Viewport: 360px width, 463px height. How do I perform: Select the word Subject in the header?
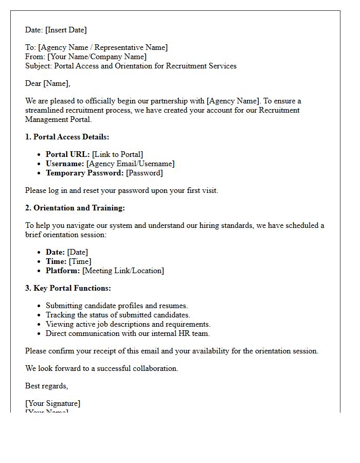coord(38,66)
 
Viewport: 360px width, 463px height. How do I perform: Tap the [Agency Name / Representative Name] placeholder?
coord(103,47)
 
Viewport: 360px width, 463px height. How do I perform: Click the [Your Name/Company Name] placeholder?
coord(97,57)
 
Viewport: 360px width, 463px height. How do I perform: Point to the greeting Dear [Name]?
coord(48,83)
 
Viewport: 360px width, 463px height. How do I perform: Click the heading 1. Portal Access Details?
coord(67,137)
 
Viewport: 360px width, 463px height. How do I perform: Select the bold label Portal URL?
coord(67,154)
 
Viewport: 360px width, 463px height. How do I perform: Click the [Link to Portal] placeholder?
coord(117,154)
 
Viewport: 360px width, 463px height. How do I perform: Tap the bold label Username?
coord(65,164)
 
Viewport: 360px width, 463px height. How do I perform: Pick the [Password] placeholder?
coord(145,173)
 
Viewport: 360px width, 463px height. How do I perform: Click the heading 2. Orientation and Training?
coord(75,208)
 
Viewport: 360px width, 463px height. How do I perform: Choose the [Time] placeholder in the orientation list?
coord(80,261)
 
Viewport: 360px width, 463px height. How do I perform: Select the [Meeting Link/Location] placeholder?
coord(123,271)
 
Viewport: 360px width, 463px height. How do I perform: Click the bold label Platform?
coord(63,271)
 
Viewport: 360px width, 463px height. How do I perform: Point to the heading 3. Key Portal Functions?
coord(68,288)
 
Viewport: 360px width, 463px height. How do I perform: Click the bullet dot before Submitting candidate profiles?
coord(39,306)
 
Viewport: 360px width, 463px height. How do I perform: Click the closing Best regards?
coord(47,386)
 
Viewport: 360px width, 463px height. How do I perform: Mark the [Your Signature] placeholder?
coord(53,403)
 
